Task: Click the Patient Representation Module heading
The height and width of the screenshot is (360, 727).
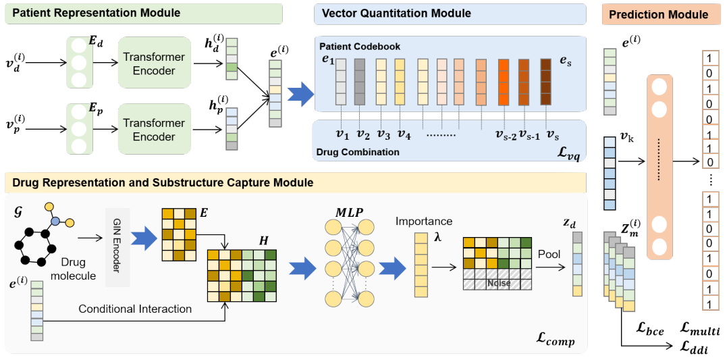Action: pyautogui.click(x=97, y=13)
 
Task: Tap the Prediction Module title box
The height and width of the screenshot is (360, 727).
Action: pyautogui.click(x=658, y=14)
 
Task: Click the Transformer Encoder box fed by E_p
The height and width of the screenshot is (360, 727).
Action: pyautogui.click(x=154, y=129)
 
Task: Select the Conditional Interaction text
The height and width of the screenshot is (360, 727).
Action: pyautogui.click(x=135, y=309)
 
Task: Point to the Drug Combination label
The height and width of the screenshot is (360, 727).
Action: pyautogui.click(x=357, y=153)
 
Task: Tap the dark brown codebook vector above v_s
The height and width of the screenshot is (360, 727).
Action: pyautogui.click(x=545, y=82)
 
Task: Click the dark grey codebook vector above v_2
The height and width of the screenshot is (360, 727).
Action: pyautogui.click(x=360, y=82)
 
